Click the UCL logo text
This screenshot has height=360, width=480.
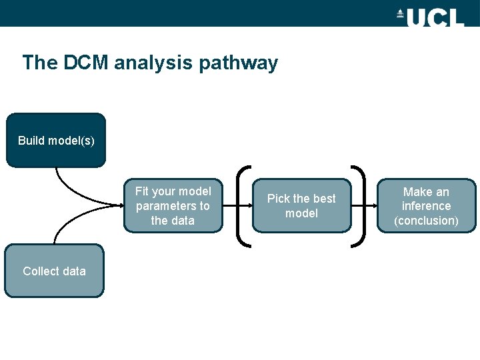[x=435, y=17]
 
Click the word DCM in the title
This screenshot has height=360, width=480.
[x=87, y=63]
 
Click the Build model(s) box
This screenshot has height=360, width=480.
[x=56, y=140]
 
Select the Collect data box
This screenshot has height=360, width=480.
[x=54, y=271]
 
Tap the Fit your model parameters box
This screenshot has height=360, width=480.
[x=173, y=205]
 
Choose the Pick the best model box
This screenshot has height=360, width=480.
[x=301, y=205]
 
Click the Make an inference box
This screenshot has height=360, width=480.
[x=427, y=205]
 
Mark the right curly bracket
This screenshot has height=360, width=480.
[x=360, y=206]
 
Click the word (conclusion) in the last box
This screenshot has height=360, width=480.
[x=427, y=221]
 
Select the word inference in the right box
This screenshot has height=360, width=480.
[x=427, y=206]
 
